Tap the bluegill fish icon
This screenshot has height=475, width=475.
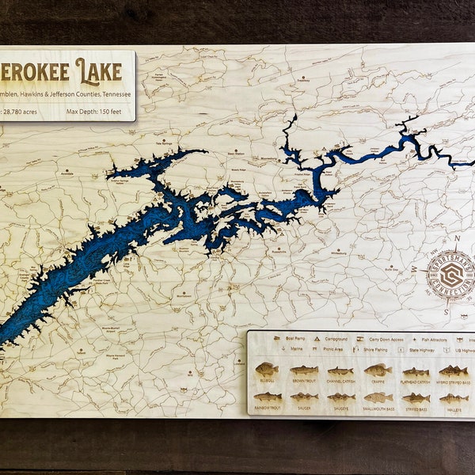[x=266, y=370]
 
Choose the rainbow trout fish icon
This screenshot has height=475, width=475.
[x=267, y=397]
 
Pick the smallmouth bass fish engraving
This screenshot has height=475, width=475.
[x=378, y=397]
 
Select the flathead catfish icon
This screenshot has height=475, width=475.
[x=416, y=371]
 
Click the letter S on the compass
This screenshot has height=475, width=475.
[x=447, y=311]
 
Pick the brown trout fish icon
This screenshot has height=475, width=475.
[x=304, y=370]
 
